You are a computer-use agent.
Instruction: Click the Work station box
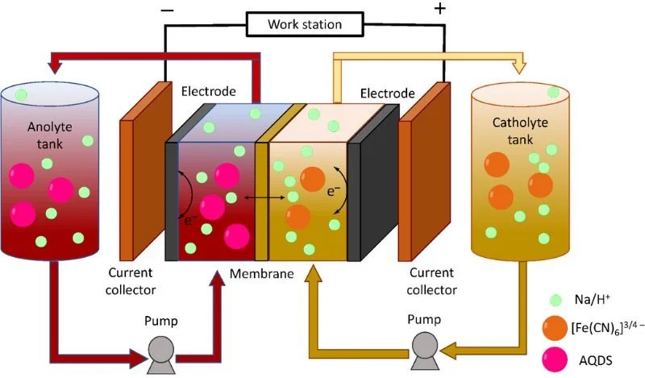(x=305, y=24)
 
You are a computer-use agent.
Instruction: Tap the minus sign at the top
(x=166, y=10)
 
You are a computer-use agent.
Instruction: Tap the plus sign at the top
(x=439, y=9)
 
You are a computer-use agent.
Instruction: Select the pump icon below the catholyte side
(x=427, y=347)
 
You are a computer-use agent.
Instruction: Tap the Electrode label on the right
(x=388, y=94)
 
